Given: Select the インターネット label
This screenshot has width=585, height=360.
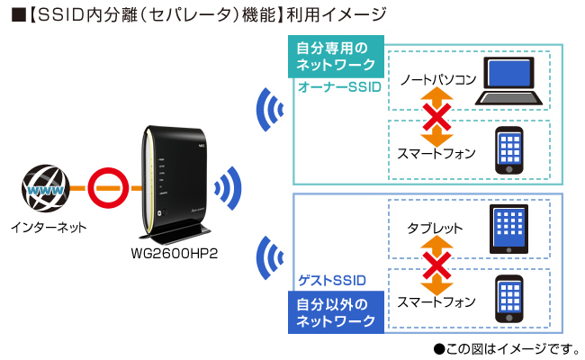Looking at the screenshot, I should coord(49,228).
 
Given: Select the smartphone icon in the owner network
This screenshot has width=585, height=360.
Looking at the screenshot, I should coord(508,149).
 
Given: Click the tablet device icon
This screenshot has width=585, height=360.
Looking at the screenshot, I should coord(508,229).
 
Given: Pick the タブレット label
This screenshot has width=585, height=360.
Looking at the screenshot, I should coord(435,229).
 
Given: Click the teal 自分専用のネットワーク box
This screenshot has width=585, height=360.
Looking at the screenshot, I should coord(335,58).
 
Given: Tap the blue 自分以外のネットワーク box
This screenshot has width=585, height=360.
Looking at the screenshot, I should coord(335,310).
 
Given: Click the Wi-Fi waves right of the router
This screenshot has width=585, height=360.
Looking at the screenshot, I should coord(227,188).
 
